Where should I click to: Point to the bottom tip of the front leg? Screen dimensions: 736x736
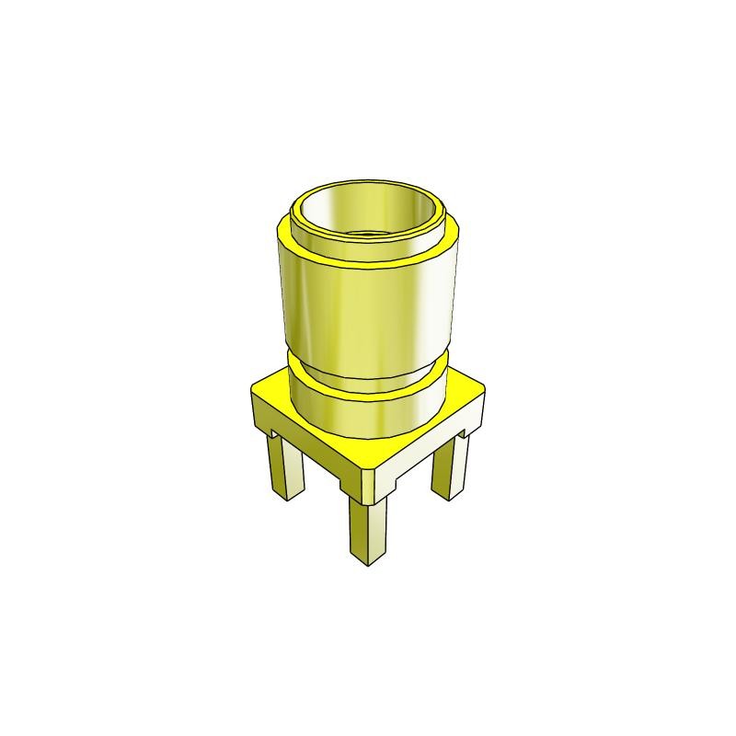click(x=367, y=560)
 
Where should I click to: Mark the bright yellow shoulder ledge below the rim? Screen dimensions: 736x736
click(x=368, y=261)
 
